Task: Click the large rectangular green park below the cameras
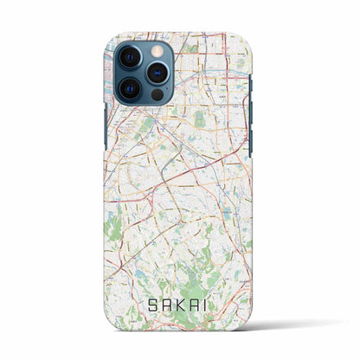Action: point(200,120)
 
